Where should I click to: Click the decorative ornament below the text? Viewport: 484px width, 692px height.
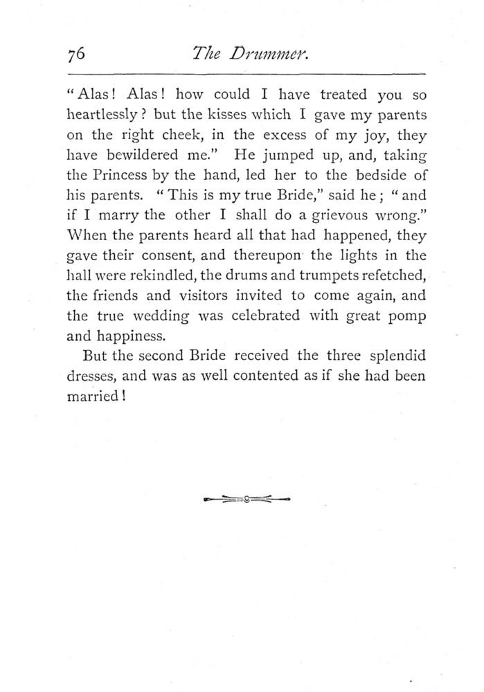coord(247,498)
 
